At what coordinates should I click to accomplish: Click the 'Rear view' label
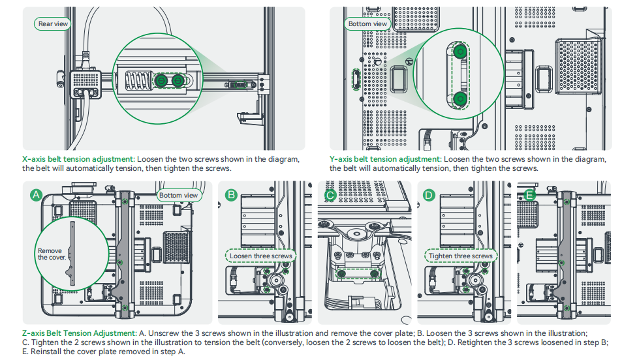pos(52,24)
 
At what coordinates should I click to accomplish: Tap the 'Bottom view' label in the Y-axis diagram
pos(367,24)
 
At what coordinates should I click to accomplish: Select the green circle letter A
pos(37,195)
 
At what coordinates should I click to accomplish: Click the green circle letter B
pos(230,195)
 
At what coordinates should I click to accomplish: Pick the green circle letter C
pos(330,195)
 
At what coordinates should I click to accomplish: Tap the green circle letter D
pos(429,195)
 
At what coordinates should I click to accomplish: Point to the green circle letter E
pos(529,195)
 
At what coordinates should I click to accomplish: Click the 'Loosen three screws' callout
pos(260,256)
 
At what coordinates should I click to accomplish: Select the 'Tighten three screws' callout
pos(460,256)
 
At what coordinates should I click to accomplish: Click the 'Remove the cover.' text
pos(50,254)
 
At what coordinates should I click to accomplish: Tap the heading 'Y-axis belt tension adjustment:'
pos(386,159)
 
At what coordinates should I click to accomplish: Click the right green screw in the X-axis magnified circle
pos(178,80)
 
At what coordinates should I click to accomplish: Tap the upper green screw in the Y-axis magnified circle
pos(460,51)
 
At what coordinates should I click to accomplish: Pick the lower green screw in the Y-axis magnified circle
pos(460,99)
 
